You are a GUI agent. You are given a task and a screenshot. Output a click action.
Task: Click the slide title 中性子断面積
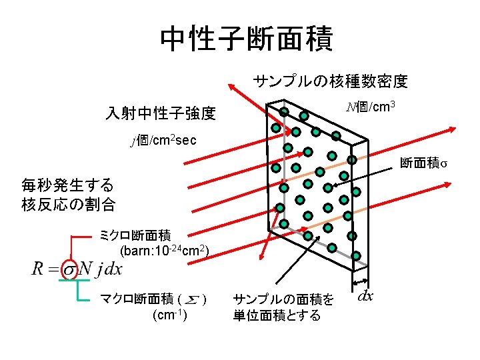pyautogui.click(x=246, y=39)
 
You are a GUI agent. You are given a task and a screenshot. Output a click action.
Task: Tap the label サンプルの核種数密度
pyautogui.click(x=330, y=82)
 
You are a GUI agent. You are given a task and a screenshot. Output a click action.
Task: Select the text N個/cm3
pyautogui.click(x=373, y=107)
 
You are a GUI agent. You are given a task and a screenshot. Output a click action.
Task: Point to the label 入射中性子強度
pyautogui.click(x=161, y=113)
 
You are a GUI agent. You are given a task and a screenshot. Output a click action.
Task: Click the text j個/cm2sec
pyautogui.click(x=163, y=141)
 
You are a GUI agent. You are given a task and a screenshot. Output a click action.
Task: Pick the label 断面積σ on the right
pyautogui.click(x=423, y=163)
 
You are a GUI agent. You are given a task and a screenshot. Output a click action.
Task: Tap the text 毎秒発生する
pyautogui.click(x=67, y=185)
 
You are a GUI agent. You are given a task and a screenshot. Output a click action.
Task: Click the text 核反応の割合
pyautogui.click(x=67, y=204)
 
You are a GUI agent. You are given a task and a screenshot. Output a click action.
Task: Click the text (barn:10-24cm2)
pyautogui.click(x=165, y=251)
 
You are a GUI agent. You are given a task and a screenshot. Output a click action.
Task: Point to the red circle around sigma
pyautogui.click(x=69, y=269)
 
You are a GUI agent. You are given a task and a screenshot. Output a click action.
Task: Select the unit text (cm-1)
pyautogui.click(x=169, y=315)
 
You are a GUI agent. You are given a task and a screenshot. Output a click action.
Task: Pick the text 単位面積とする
pyautogui.click(x=277, y=315)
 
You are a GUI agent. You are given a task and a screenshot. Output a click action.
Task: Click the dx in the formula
pyautogui.click(x=114, y=269)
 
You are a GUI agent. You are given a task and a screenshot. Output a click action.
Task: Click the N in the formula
pyautogui.click(x=85, y=269)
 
